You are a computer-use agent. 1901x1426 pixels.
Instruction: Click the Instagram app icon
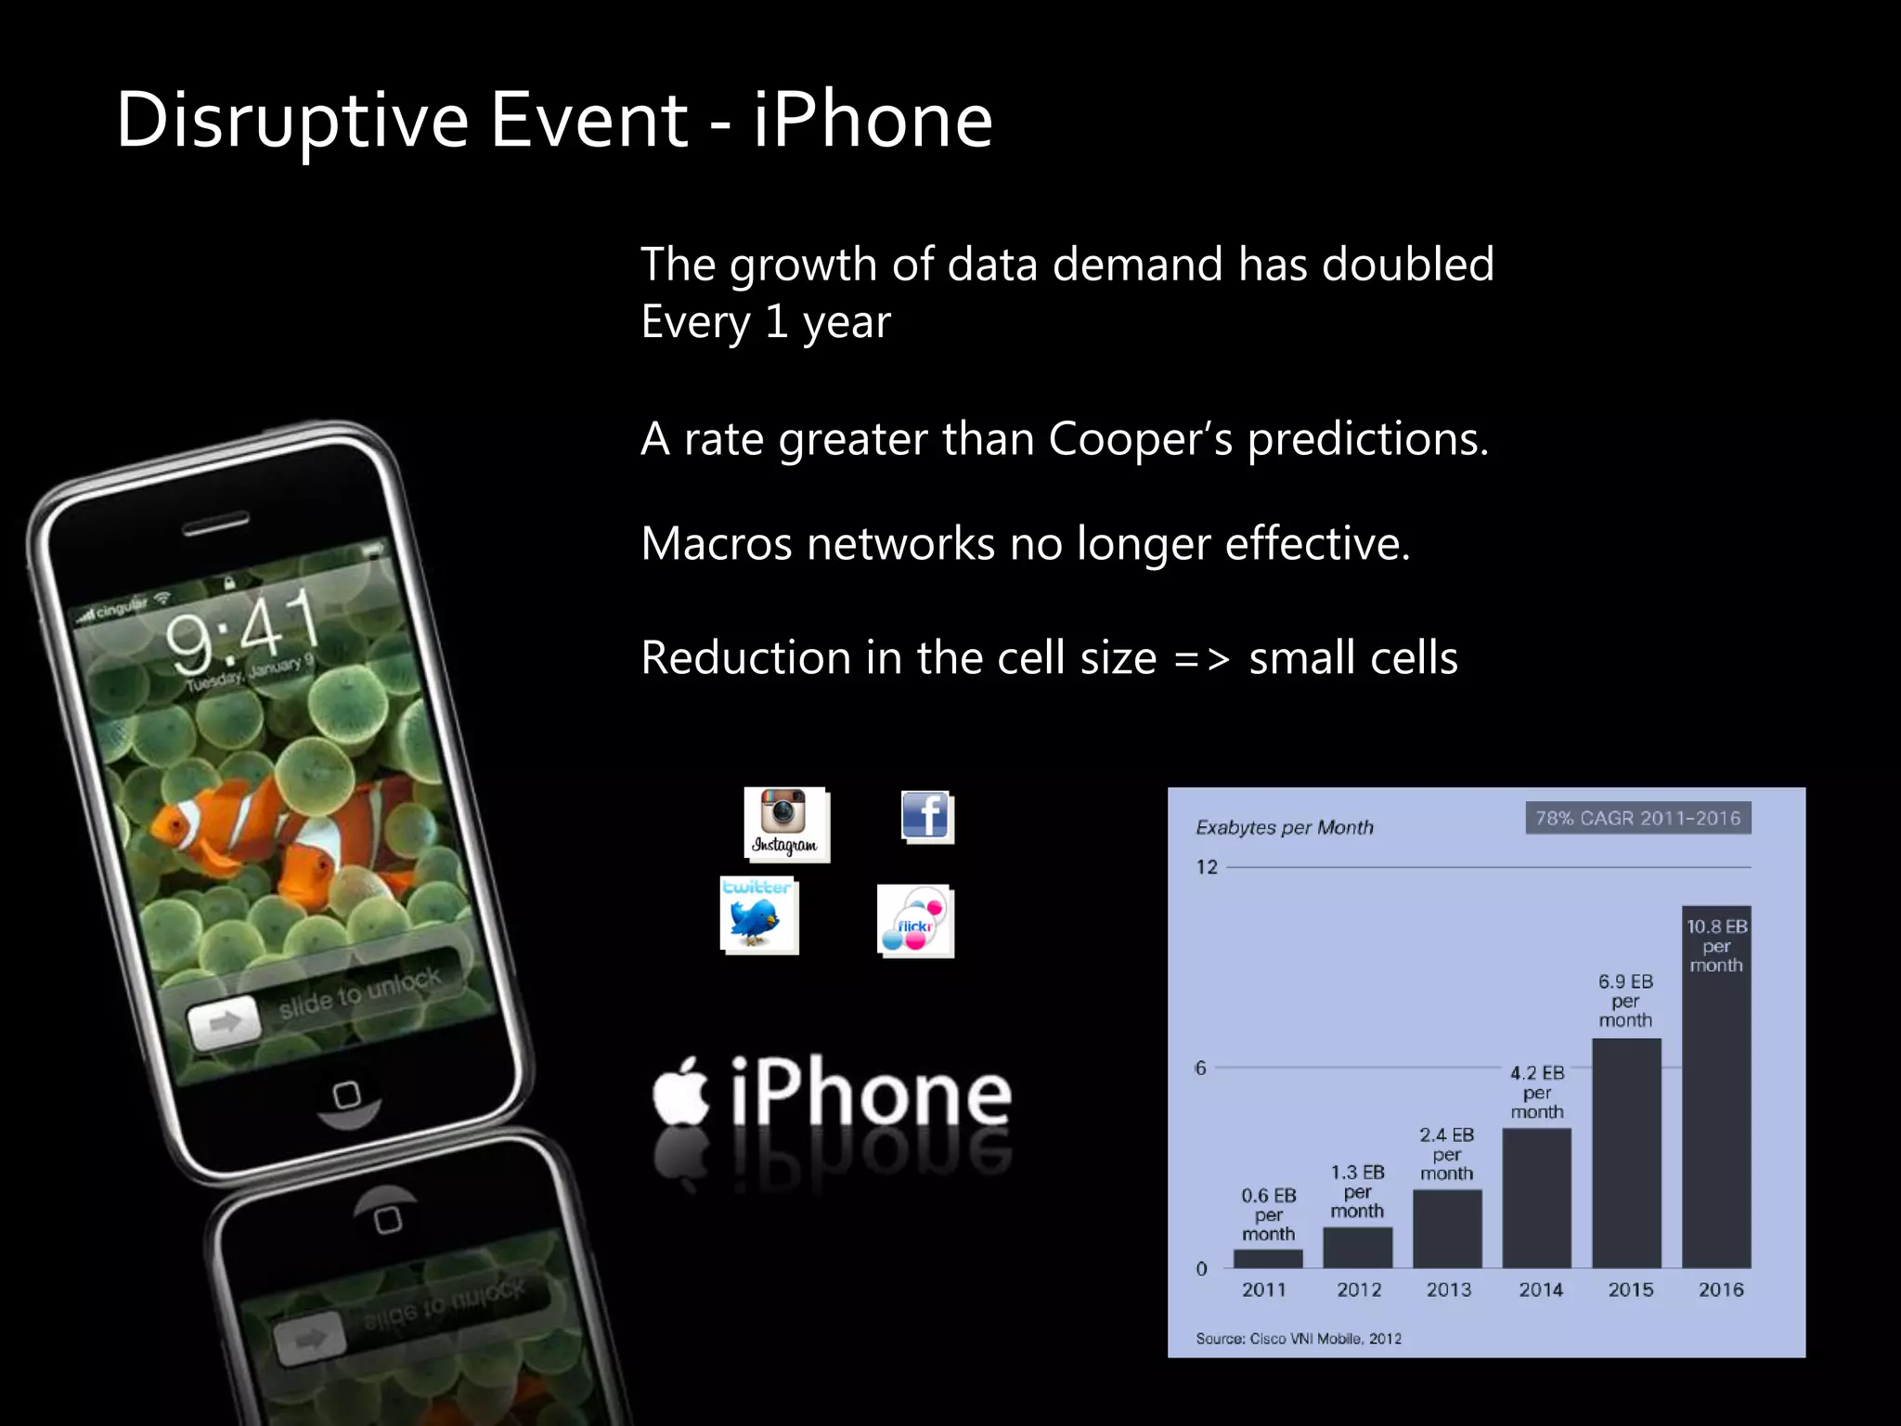pyautogui.click(x=785, y=823)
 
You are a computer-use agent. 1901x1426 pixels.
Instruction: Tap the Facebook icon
pyautogui.click(x=926, y=817)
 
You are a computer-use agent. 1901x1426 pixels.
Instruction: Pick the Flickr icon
pyautogui.click(x=915, y=920)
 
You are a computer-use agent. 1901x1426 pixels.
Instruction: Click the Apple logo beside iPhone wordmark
pyautogui.click(x=681, y=1092)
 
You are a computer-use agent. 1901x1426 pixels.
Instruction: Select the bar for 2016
pyautogui.click(x=1716, y=1114)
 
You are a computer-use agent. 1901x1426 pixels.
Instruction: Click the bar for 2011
pyautogui.click(x=1268, y=1259)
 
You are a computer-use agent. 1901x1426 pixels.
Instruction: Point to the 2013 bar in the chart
pyautogui.click(x=1447, y=1228)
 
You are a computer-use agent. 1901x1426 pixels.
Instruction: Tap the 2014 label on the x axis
pyautogui.click(x=1541, y=1290)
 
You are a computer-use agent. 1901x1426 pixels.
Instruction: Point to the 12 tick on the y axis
pyautogui.click(x=1207, y=867)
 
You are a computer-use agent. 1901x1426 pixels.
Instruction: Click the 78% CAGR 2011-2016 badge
pyautogui.click(x=1637, y=818)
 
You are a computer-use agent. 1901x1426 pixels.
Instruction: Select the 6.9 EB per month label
pyautogui.click(x=1625, y=1000)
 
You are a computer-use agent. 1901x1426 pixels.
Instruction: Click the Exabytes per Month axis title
pyautogui.click(x=1284, y=827)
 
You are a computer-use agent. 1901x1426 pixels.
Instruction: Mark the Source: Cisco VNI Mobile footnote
pyautogui.click(x=1298, y=1338)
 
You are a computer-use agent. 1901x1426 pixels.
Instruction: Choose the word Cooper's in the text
pyautogui.click(x=1140, y=438)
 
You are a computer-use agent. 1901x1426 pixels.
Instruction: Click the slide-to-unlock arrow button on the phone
pyautogui.click(x=224, y=1023)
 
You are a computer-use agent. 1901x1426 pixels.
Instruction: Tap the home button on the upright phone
pyautogui.click(x=347, y=1095)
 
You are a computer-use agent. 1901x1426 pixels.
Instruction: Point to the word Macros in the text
pyautogui.click(x=717, y=544)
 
